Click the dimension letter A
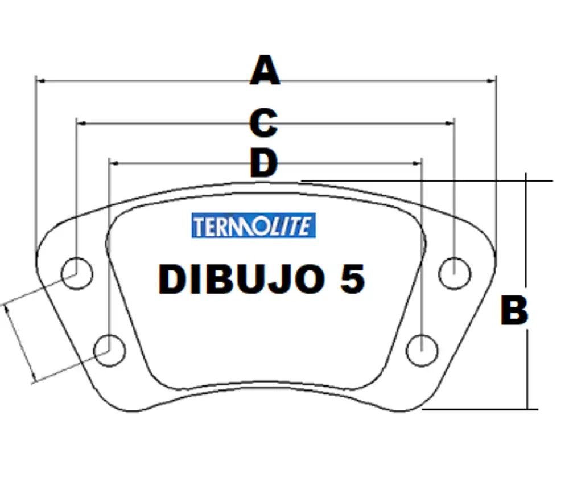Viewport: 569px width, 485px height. (265, 71)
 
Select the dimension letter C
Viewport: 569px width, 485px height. (263, 123)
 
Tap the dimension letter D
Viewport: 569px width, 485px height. (263, 164)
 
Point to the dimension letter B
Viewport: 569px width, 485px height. (514, 311)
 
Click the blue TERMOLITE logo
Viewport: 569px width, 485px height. (254, 225)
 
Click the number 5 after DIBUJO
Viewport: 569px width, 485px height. (353, 280)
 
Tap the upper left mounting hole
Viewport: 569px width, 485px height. (77, 272)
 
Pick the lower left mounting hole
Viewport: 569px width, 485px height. (109, 350)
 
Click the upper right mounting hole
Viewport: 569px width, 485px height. (455, 273)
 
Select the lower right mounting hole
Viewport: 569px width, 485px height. (422, 348)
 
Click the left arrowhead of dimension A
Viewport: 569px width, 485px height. (39, 81)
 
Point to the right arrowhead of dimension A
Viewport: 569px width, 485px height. (493, 81)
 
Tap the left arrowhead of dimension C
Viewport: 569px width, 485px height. (80, 122)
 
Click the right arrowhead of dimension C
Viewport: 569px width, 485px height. (451, 122)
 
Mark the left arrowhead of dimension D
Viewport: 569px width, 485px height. (112, 163)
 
